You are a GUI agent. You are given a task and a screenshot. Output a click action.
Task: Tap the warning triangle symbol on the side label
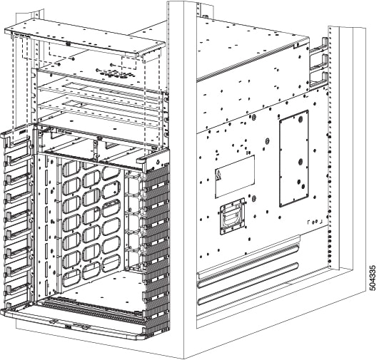(x=218, y=175)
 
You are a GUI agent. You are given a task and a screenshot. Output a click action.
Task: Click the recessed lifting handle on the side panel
(x=233, y=217)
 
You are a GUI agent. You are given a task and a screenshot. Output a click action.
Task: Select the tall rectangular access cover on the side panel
(x=294, y=159)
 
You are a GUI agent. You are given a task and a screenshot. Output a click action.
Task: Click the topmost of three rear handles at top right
(x=318, y=46)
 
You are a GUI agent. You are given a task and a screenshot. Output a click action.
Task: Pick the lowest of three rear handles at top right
(x=319, y=81)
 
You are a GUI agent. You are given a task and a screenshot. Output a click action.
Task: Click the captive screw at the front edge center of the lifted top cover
(x=68, y=44)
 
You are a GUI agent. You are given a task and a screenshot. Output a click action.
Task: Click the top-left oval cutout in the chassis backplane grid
(x=71, y=168)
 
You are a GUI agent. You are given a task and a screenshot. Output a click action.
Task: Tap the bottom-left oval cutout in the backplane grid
(x=71, y=276)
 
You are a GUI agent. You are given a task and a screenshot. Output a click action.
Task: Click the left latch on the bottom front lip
(x=54, y=321)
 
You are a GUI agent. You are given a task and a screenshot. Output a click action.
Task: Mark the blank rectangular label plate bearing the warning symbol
(x=235, y=177)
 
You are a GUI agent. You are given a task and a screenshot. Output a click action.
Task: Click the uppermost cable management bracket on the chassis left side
(x=17, y=158)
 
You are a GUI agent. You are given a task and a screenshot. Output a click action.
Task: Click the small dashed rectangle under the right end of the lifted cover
(x=129, y=63)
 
